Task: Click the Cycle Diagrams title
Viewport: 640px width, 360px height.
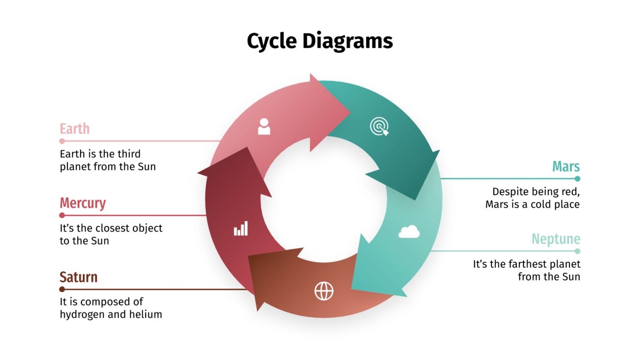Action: [x=320, y=41]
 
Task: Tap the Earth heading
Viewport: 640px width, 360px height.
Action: [x=74, y=129]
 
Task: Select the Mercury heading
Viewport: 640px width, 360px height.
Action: [x=82, y=203]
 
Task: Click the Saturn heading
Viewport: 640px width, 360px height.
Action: [x=78, y=277]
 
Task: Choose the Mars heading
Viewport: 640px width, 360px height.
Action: [x=566, y=167]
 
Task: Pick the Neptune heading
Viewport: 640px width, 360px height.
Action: [x=556, y=239]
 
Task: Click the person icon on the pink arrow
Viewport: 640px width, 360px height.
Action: [x=264, y=126]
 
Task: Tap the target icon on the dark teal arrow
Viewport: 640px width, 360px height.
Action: [x=379, y=127]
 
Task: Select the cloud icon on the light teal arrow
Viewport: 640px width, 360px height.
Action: [x=409, y=232]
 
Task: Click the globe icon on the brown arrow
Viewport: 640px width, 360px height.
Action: [x=324, y=291]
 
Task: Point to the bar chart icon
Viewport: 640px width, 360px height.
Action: [x=241, y=229]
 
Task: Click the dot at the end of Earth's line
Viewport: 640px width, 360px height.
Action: [x=62, y=141]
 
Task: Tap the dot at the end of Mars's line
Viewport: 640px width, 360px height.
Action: [x=577, y=179]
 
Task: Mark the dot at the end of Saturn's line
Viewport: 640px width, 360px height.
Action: [x=62, y=289]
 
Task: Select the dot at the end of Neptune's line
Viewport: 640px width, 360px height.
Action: [x=577, y=251]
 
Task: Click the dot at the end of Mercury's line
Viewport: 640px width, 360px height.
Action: [x=62, y=215]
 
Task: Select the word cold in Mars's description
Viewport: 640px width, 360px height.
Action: [x=541, y=204]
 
